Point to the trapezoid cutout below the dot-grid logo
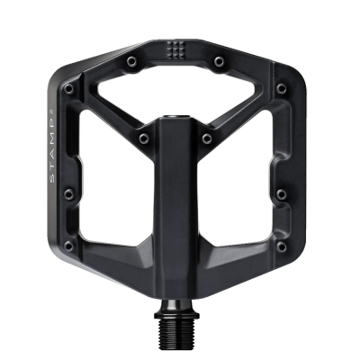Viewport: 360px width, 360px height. (x=178, y=90)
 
